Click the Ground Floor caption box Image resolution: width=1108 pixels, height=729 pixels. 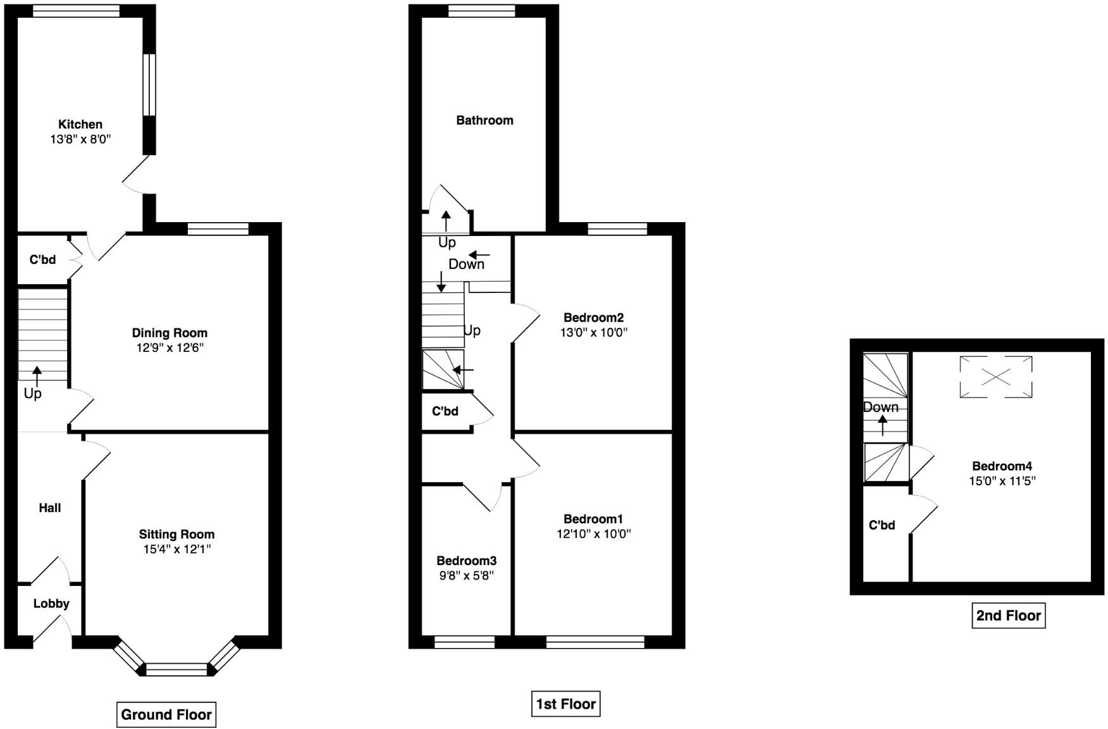pyautogui.click(x=166, y=714)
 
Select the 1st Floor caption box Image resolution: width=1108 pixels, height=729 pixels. pyautogui.click(x=565, y=704)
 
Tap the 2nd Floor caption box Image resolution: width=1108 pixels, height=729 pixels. pyautogui.click(x=1008, y=615)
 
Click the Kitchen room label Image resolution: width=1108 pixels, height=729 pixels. pyautogui.click(x=80, y=124)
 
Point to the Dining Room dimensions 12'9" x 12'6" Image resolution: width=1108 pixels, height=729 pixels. pyautogui.click(x=169, y=347)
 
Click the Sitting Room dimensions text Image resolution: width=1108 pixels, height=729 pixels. pyautogui.click(x=177, y=549)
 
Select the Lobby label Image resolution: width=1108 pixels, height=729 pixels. pyautogui.click(x=51, y=604)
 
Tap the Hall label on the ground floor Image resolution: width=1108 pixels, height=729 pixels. pyautogui.click(x=50, y=508)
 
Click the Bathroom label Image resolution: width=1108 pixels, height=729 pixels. pyautogui.click(x=485, y=120)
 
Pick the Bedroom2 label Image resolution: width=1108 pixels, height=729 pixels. pyautogui.click(x=594, y=318)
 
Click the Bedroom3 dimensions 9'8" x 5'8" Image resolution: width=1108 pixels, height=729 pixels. pyautogui.click(x=467, y=575)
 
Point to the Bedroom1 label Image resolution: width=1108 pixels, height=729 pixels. pyautogui.click(x=594, y=519)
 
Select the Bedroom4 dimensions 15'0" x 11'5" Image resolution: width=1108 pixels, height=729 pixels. pyautogui.click(x=1002, y=481)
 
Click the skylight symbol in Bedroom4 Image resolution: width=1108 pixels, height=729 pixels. pyautogui.click(x=996, y=377)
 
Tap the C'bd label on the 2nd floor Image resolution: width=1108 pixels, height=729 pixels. pyautogui.click(x=882, y=525)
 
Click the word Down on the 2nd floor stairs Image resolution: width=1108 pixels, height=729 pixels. pyautogui.click(x=881, y=408)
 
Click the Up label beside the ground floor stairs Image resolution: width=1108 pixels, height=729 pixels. pyautogui.click(x=33, y=394)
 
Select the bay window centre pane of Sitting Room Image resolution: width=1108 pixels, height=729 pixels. pyautogui.click(x=177, y=670)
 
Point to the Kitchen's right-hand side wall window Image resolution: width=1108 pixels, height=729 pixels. pyautogui.click(x=149, y=85)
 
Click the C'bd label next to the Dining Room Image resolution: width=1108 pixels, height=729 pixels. pyautogui.click(x=42, y=259)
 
